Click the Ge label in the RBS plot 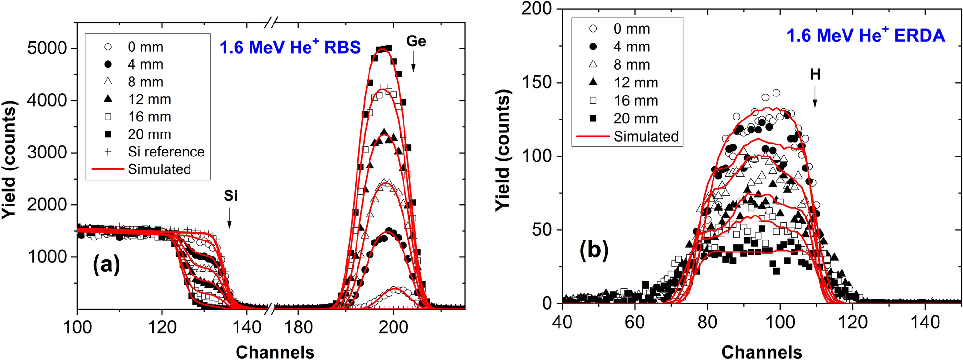416,41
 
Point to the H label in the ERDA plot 815,74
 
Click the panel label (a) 106,264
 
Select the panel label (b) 594,250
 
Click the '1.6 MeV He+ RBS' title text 290,48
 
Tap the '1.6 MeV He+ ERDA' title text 865,36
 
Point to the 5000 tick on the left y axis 47,48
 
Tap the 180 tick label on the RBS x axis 298,327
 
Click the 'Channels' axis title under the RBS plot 274,352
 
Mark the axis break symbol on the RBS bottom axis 272,309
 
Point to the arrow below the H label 815,99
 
